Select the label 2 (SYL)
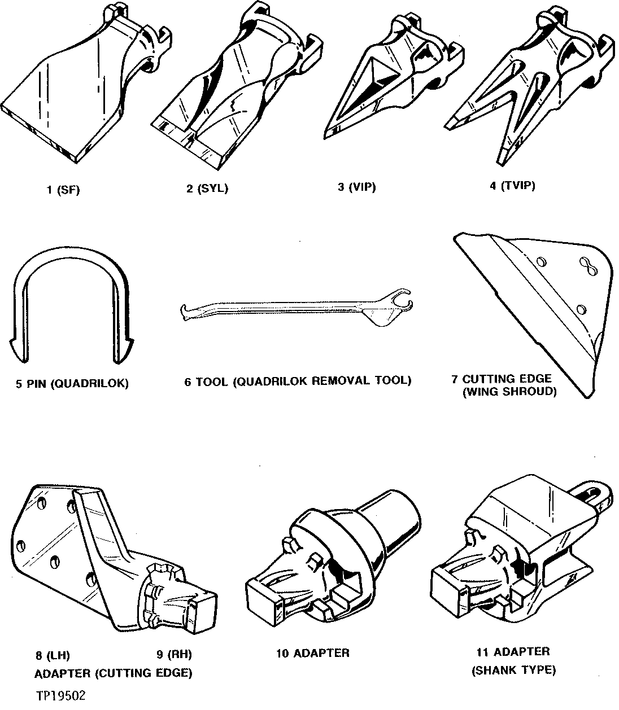click(x=207, y=189)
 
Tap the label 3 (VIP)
click(x=356, y=187)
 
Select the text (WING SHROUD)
click(x=509, y=392)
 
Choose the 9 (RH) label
click(x=174, y=655)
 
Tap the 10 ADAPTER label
click(x=312, y=653)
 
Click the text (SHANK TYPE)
click(x=513, y=670)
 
